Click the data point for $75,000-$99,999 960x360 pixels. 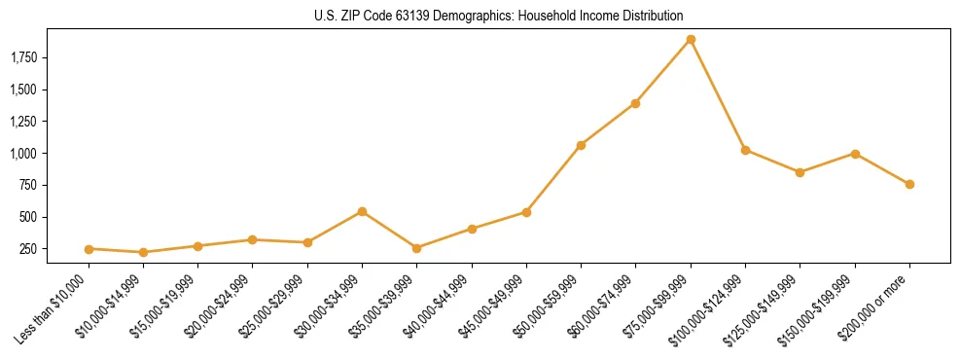coord(691,40)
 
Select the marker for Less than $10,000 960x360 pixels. coord(89,249)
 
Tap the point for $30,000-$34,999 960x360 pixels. coord(362,211)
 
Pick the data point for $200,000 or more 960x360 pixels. coord(909,184)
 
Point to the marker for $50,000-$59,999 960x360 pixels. coord(581,145)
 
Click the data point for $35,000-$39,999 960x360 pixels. coord(416,248)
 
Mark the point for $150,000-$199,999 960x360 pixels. coord(855,154)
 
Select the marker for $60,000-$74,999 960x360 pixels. coord(635,103)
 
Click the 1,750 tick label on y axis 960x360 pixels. coord(23,58)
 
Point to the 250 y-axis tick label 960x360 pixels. coord(29,249)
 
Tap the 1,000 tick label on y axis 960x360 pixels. coord(23,154)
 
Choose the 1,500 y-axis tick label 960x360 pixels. coord(23,90)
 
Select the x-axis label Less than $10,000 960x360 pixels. coord(53,308)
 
